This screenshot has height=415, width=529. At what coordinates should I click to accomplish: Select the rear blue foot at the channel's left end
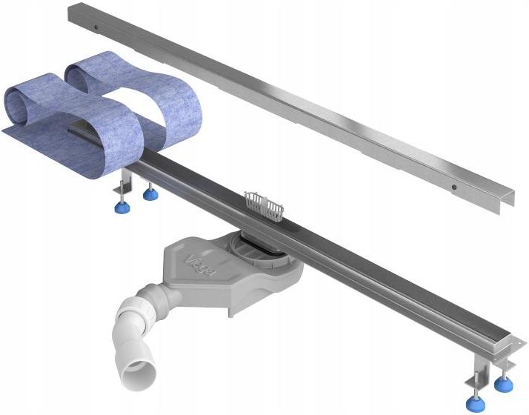click(x=150, y=195)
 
